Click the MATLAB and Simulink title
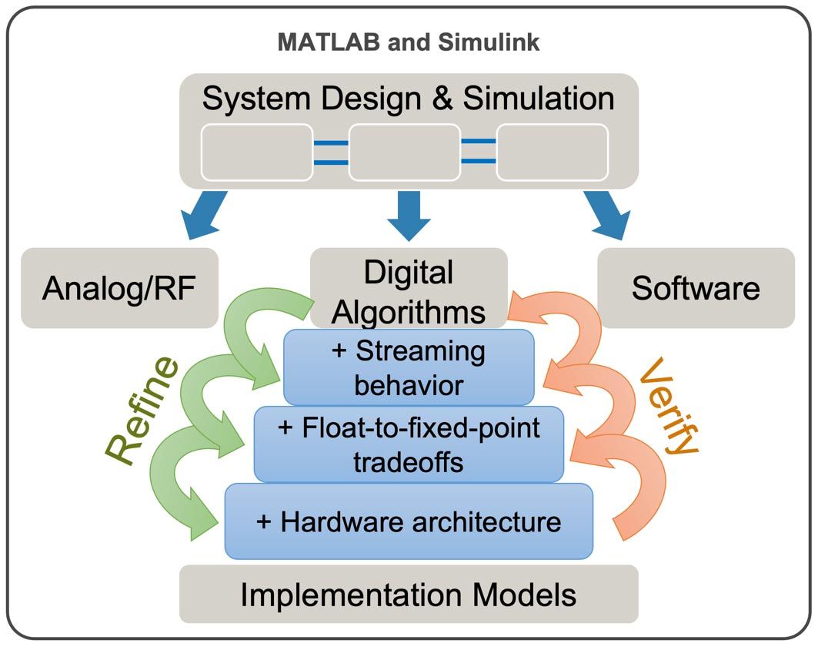click(x=409, y=42)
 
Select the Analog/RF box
click(x=119, y=288)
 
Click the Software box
click(x=696, y=288)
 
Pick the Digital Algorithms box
click(x=409, y=291)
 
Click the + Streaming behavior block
click(x=409, y=367)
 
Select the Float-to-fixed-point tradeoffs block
click(x=409, y=444)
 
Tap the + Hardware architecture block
click(x=409, y=521)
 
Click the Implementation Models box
click(x=409, y=594)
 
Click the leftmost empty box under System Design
click(x=257, y=152)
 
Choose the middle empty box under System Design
click(x=404, y=152)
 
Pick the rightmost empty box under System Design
click(x=552, y=152)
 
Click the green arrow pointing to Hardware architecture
click(x=181, y=493)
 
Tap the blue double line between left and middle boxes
click(x=331, y=152)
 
